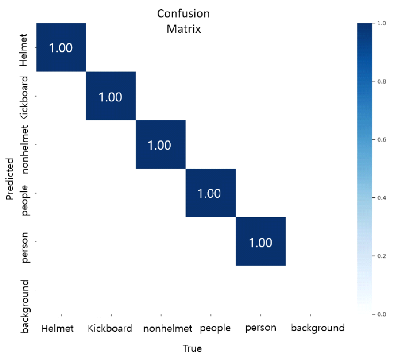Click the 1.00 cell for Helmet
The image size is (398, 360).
click(61, 47)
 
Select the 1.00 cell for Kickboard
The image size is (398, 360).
click(111, 96)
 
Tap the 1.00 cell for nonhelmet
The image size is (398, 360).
click(160, 145)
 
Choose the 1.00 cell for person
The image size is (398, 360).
click(260, 242)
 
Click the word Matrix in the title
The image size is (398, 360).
click(184, 29)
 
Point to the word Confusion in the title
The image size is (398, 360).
click(184, 14)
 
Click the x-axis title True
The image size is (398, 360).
click(193, 348)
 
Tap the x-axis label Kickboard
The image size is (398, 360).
click(110, 328)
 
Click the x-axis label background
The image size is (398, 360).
click(317, 328)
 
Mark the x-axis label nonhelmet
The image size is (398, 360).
click(168, 328)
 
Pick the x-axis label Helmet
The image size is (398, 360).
click(58, 328)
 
